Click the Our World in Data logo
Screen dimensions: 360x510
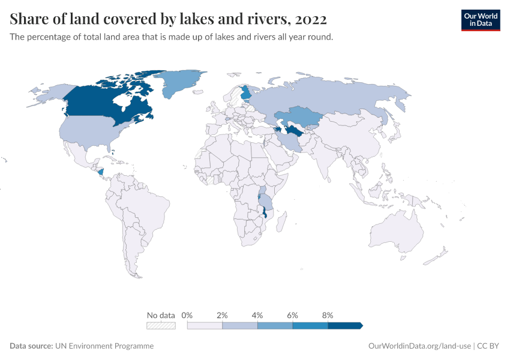(x=480, y=20)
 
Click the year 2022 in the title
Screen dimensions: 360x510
(x=311, y=20)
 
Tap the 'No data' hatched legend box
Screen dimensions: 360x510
(x=161, y=326)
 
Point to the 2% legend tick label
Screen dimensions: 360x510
(x=222, y=315)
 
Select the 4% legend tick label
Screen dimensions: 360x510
(x=257, y=315)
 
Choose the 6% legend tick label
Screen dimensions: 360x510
(x=293, y=315)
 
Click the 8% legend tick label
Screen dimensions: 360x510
(x=328, y=315)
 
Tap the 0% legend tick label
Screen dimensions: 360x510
(x=187, y=315)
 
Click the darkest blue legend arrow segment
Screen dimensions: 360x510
(x=345, y=326)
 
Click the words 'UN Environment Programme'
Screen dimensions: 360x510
(x=104, y=346)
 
